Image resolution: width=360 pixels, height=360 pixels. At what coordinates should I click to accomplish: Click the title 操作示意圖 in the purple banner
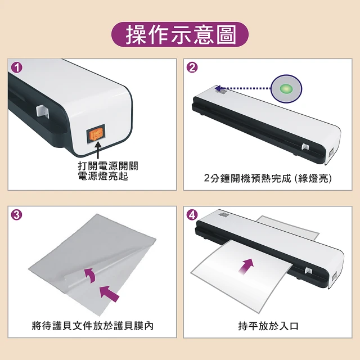pos(180,35)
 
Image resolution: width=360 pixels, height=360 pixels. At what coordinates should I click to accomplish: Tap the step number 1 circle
pos(17,67)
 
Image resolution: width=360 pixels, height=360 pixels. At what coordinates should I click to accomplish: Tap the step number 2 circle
pos(192,67)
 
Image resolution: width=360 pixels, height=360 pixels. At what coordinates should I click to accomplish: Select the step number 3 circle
pos(17,215)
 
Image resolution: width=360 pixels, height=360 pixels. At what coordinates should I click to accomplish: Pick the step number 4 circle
pos(192,215)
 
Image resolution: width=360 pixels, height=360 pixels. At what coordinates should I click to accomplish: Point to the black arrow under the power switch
pos(98,150)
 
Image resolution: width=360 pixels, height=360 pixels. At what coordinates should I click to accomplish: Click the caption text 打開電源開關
pos(108,166)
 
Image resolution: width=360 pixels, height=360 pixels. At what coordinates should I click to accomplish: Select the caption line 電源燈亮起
pos(103,176)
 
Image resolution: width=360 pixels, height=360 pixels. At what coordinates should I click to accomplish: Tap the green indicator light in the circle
pos(286,88)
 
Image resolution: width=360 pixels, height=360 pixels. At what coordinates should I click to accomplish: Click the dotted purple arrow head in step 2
pos(218,88)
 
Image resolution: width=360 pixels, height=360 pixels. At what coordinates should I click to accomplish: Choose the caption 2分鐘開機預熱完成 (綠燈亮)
pos(268,178)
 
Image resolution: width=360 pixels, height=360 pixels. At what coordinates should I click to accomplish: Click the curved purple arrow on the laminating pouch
pos(91,274)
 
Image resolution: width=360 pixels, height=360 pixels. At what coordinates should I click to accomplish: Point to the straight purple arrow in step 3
pos(109,294)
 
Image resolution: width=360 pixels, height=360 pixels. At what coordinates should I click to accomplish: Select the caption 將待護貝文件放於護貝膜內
pos(92,326)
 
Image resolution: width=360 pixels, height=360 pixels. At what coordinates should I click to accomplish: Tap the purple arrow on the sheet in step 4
pos(246,266)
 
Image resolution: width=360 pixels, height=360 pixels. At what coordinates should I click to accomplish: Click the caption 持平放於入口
pos(268,326)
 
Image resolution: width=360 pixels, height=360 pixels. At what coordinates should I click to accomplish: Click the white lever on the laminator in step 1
pos(43,111)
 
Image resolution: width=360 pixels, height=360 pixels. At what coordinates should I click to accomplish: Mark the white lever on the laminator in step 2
pos(305,147)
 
